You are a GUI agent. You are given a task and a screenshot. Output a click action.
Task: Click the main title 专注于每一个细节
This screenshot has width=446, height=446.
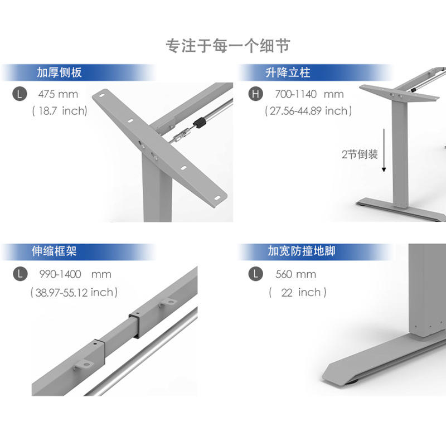click(x=227, y=45)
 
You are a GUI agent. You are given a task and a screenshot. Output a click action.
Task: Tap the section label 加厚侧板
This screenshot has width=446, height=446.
click(x=60, y=73)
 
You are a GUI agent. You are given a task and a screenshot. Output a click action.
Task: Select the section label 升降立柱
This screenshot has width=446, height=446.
click(x=288, y=73)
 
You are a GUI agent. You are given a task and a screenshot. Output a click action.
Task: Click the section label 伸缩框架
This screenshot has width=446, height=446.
click(x=54, y=251)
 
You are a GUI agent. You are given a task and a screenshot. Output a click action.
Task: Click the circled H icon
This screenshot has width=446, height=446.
click(x=255, y=94)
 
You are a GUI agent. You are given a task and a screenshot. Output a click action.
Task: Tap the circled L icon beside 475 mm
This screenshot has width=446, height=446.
click(x=20, y=94)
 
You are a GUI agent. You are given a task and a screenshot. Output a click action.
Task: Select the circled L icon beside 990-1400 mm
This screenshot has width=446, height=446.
click(x=20, y=274)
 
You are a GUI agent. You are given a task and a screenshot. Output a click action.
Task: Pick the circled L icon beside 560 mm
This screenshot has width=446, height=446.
click(x=255, y=274)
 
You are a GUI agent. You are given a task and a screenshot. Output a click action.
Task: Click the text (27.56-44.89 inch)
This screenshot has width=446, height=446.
click(x=308, y=111)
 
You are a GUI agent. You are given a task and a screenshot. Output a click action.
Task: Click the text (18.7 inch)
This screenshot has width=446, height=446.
click(x=61, y=111)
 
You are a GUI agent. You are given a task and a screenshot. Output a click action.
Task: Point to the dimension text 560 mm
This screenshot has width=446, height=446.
click(x=295, y=274)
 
